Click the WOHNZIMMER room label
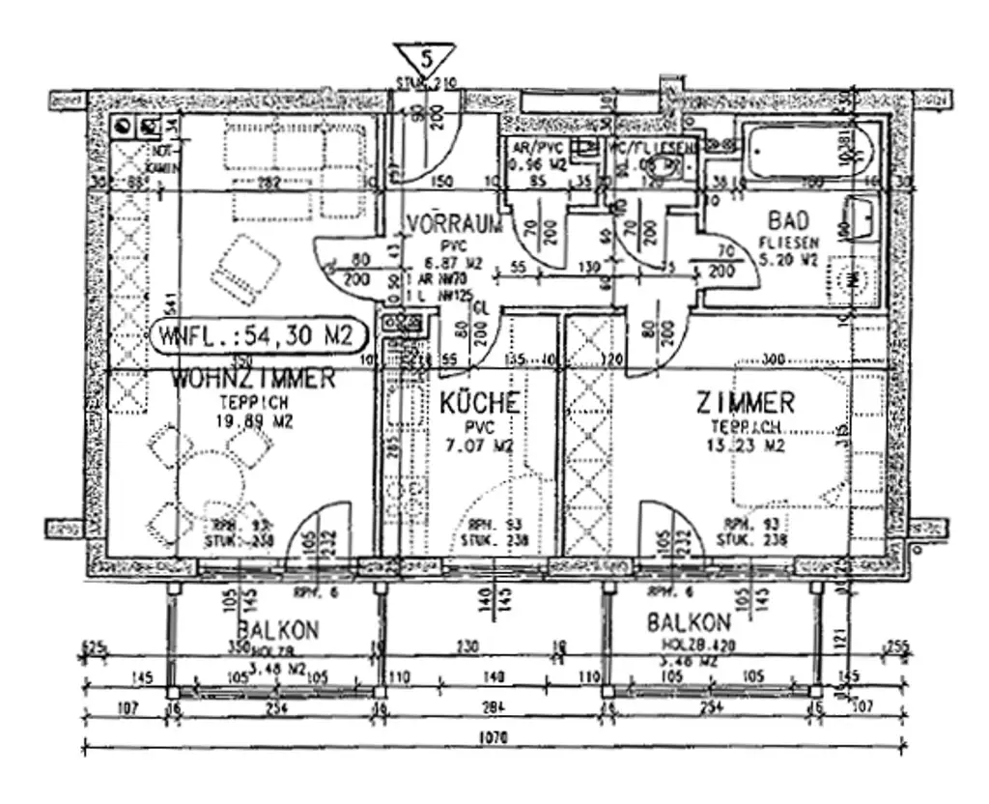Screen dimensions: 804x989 [253, 379]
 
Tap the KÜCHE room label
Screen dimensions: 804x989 [479, 403]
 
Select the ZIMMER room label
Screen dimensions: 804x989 [746, 402]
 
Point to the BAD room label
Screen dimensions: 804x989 [788, 219]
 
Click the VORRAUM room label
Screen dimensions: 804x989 [455, 224]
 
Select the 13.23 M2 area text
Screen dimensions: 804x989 [746, 446]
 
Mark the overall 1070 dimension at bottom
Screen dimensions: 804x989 [493, 737]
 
